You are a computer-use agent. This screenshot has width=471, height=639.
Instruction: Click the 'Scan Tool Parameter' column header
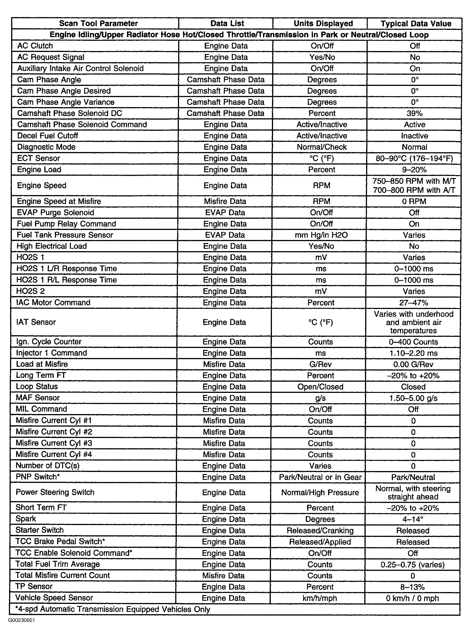tap(98, 23)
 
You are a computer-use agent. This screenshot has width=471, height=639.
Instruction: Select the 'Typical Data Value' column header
tap(416, 24)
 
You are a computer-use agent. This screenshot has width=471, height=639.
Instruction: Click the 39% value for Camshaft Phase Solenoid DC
tap(415, 113)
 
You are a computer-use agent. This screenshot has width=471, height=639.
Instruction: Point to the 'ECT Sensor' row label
tap(38, 158)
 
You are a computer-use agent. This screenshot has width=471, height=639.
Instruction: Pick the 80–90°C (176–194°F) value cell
tap(414, 158)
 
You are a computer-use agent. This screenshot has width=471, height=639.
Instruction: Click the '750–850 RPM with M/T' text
tap(414, 181)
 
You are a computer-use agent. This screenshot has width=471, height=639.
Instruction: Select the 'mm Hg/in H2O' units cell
tap(321, 235)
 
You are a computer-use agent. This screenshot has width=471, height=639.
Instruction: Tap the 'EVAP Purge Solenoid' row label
tap(55, 212)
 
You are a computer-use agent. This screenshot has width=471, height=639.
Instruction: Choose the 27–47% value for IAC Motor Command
tap(413, 303)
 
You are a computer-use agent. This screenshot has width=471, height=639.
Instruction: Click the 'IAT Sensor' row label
tap(36, 322)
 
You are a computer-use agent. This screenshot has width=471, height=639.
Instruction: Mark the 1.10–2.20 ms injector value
tap(413, 353)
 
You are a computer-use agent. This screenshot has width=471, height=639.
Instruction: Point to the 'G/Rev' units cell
tap(320, 364)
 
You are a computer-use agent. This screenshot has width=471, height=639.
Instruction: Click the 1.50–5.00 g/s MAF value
tap(413, 398)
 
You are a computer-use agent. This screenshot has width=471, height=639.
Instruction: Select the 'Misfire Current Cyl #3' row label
tap(54, 443)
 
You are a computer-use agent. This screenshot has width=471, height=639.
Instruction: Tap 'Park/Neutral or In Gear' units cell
tap(320, 477)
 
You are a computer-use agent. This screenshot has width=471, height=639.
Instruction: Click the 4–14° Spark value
tap(413, 519)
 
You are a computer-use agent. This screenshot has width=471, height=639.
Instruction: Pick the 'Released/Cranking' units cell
tap(320, 531)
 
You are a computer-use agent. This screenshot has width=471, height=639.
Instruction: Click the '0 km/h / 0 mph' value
tap(412, 598)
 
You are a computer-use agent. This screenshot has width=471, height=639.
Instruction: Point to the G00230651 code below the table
tap(21, 620)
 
